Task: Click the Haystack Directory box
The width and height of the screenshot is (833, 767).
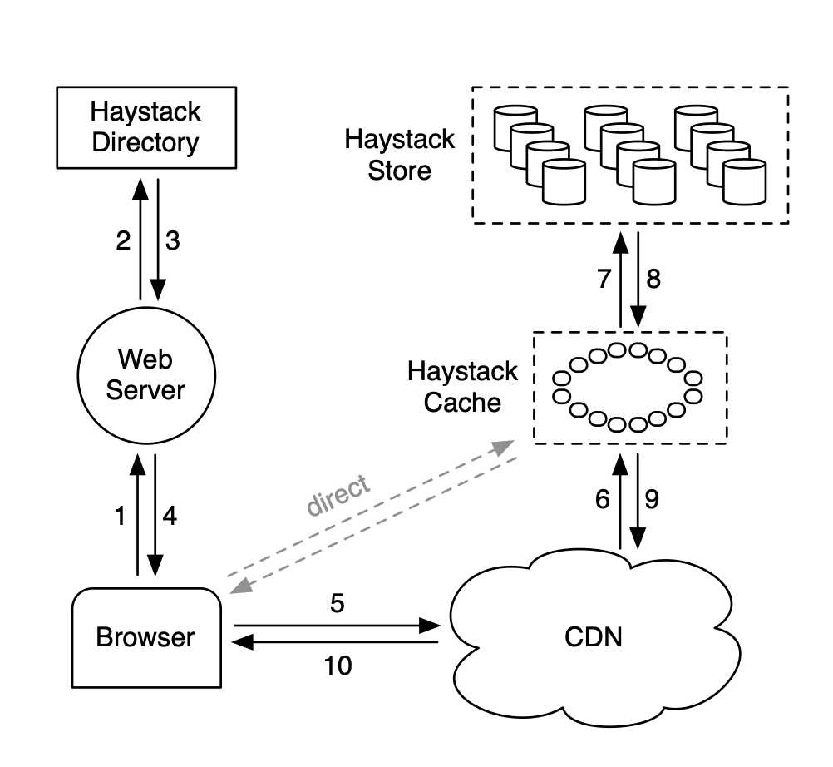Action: [145, 127]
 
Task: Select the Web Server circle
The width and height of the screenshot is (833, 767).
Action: [145, 375]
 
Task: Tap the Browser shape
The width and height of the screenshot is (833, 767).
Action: [145, 637]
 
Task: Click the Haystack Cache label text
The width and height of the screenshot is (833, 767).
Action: [462, 387]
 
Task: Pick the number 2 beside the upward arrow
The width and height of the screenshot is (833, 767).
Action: [122, 241]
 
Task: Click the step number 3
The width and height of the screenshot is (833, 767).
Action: [172, 241]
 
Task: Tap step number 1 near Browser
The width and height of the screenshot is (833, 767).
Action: [121, 517]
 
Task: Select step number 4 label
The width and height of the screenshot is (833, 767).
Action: [170, 517]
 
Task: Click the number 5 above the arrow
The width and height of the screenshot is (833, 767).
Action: [337, 604]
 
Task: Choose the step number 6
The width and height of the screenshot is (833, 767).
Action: [603, 499]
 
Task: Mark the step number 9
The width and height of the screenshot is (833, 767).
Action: [653, 499]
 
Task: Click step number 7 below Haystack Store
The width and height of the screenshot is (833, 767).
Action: [604, 279]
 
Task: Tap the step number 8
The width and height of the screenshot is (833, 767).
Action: [653, 279]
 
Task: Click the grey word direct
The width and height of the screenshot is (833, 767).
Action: [338, 497]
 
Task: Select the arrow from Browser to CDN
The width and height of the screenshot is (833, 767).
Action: [337, 625]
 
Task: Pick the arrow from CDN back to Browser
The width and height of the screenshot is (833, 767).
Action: [337, 642]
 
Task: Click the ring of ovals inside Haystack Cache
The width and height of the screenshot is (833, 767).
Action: [628, 388]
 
